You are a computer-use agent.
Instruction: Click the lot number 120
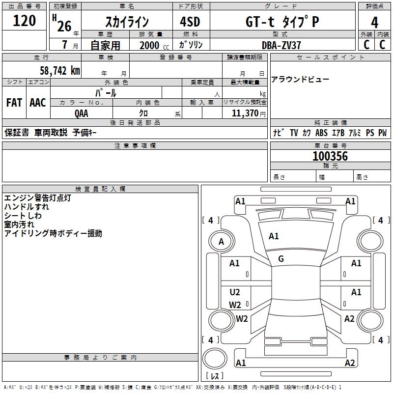[24, 21]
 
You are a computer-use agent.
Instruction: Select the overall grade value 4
[374, 23]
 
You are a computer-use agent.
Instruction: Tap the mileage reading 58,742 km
[59, 71]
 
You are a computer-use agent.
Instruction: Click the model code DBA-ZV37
[281, 45]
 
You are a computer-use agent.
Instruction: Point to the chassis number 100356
[330, 156]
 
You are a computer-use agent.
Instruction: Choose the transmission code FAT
[14, 103]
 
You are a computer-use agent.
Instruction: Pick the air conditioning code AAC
[38, 103]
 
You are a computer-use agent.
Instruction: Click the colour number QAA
[82, 113]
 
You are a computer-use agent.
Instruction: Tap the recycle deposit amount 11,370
[245, 113]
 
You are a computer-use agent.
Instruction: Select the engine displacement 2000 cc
[154, 45]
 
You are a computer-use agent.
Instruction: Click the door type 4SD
[190, 22]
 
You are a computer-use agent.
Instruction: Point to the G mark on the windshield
[281, 259]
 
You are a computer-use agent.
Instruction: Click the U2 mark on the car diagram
[235, 292]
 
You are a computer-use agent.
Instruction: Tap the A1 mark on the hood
[274, 236]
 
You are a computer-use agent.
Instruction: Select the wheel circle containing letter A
[222, 242]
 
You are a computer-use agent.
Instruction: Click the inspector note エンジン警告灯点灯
[38, 198]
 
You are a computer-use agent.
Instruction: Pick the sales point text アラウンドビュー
[300, 80]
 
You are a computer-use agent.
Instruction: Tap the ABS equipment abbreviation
[321, 133]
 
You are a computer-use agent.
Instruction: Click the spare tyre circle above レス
[215, 359]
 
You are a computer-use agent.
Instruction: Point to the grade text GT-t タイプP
[282, 22]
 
